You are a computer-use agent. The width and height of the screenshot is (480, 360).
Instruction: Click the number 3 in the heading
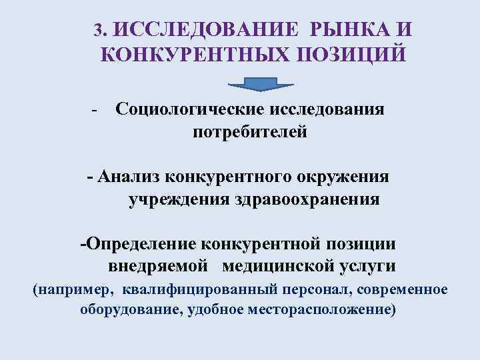(x=99, y=31)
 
